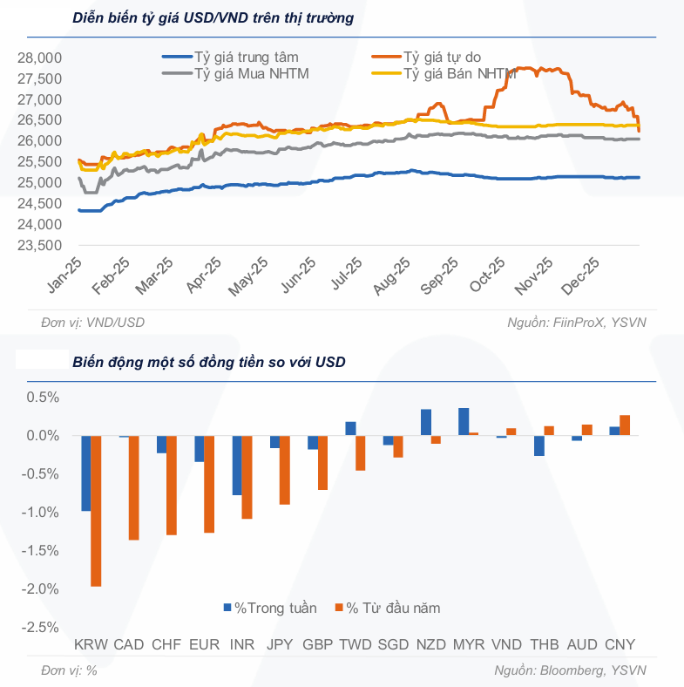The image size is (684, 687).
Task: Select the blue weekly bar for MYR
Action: [464, 421]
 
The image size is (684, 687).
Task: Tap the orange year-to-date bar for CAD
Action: [133, 487]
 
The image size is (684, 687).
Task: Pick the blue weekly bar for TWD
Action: [350, 428]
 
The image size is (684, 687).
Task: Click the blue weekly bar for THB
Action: [539, 445]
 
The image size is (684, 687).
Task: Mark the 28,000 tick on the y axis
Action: [39, 58]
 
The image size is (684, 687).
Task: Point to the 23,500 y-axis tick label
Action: [39, 246]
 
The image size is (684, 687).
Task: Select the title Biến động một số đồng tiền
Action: [209, 362]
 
